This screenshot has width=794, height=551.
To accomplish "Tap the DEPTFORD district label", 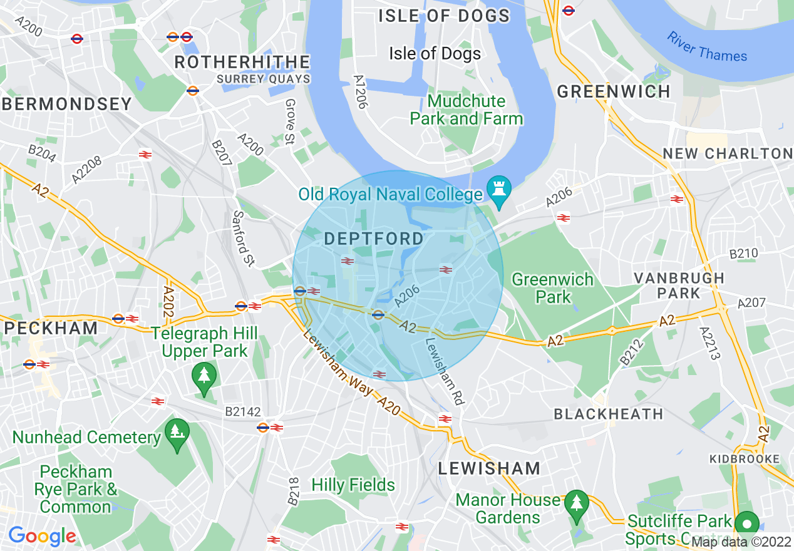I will coord(374,239).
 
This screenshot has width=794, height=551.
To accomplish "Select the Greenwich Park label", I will coord(552,288).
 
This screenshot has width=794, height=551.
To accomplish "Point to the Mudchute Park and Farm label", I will coord(466,110).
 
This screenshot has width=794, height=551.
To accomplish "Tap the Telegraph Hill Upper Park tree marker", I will coord(204,376).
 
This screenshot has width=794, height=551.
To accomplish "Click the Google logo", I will coord(42,536).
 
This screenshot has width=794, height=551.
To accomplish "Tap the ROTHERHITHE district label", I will coord(242,62).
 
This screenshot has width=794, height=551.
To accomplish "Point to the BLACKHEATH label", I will coord(608,414).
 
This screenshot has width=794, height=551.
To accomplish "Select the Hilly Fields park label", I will coord(353,485).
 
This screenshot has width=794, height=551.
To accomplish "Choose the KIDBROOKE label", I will coord(745,459).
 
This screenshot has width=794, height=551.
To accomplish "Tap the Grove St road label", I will coord(289,121).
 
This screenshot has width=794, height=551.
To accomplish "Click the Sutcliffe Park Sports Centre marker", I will coord(746,523).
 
